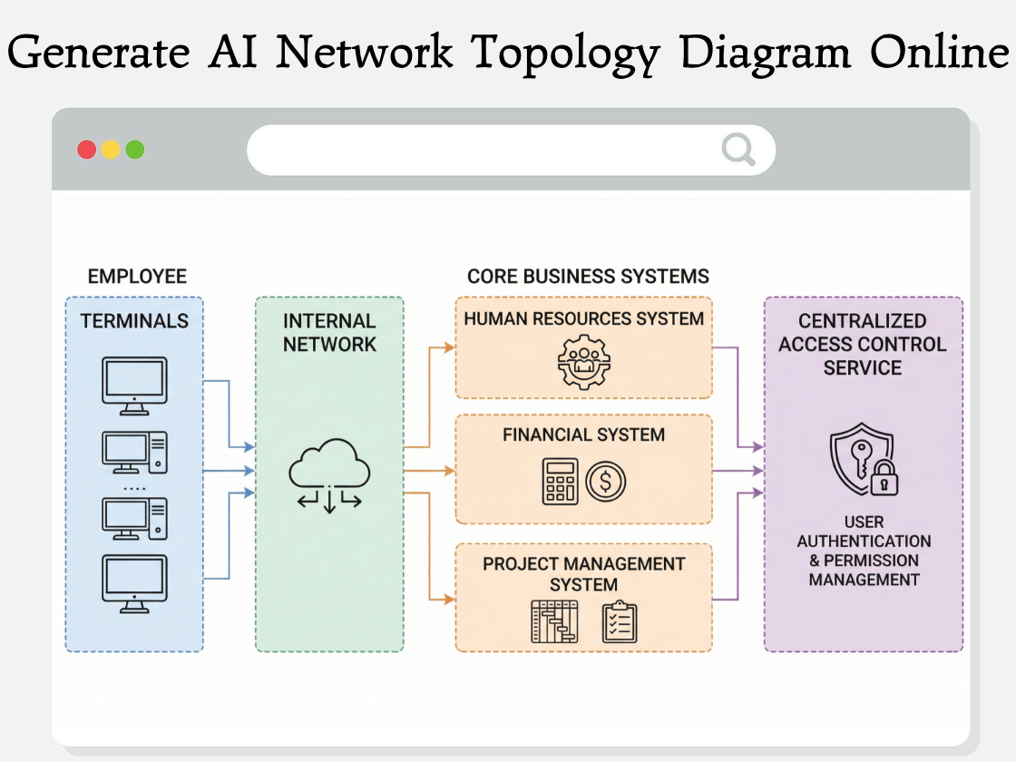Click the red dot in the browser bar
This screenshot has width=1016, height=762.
(87, 150)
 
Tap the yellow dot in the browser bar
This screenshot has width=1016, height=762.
(111, 150)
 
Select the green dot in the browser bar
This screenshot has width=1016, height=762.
(135, 150)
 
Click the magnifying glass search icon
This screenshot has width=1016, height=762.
(738, 150)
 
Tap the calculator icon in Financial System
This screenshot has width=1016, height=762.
(560, 481)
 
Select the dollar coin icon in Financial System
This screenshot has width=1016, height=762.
(606, 481)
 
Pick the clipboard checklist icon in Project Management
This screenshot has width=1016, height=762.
(620, 622)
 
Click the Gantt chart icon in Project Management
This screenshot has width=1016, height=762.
(554, 621)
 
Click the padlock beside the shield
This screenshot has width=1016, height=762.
(884, 479)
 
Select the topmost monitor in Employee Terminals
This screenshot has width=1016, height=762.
(133, 385)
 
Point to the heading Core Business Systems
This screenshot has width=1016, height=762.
(588, 276)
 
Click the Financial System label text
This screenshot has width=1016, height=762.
(583, 435)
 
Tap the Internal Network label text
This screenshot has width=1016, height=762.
(329, 332)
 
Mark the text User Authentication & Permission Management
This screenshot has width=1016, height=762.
(864, 551)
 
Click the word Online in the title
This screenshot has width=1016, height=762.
(939, 53)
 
